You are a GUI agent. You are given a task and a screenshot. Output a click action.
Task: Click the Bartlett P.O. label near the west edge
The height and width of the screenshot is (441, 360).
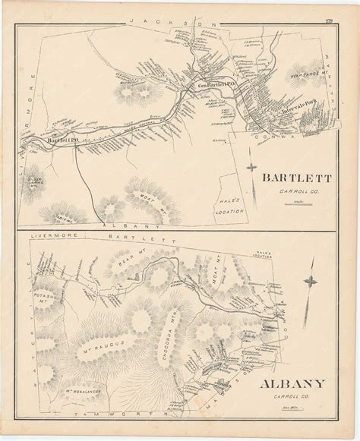[x=59, y=140]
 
